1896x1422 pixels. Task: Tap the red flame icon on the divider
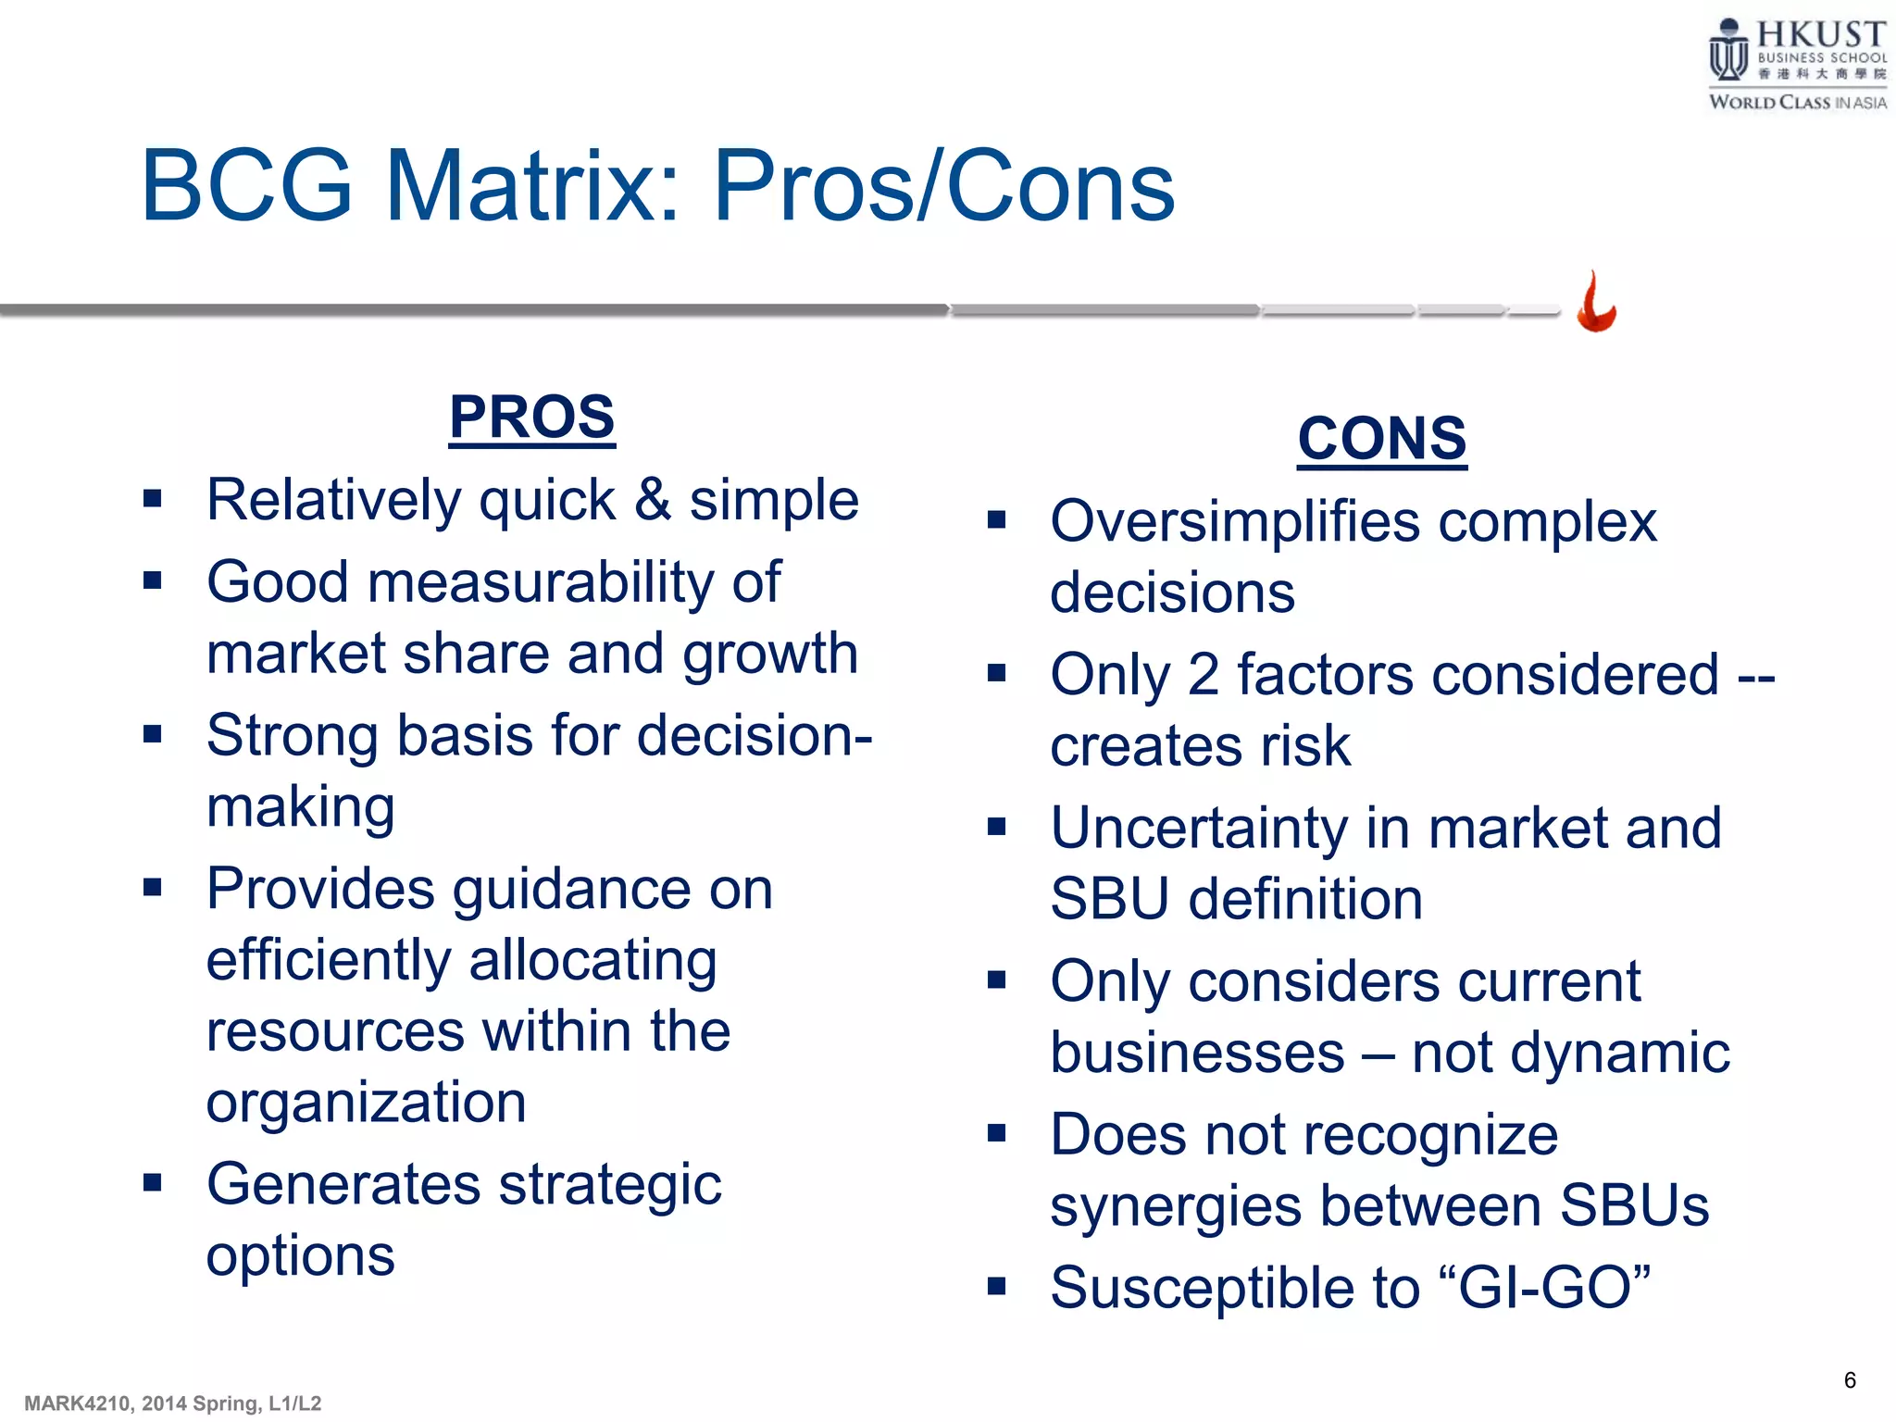1596,303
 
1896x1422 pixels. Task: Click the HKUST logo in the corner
1796,65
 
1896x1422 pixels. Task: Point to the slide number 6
1849,1380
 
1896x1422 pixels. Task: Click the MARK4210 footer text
172,1403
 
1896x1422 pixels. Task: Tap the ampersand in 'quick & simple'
652,500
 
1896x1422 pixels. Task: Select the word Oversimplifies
1235,522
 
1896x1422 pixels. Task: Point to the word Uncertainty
1199,828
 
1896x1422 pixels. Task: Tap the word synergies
1177,1207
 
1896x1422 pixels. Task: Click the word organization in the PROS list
366,1104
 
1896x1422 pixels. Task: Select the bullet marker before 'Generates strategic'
153,1182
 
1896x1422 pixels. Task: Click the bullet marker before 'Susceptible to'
996,1286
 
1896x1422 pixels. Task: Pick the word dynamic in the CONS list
1619,1054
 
